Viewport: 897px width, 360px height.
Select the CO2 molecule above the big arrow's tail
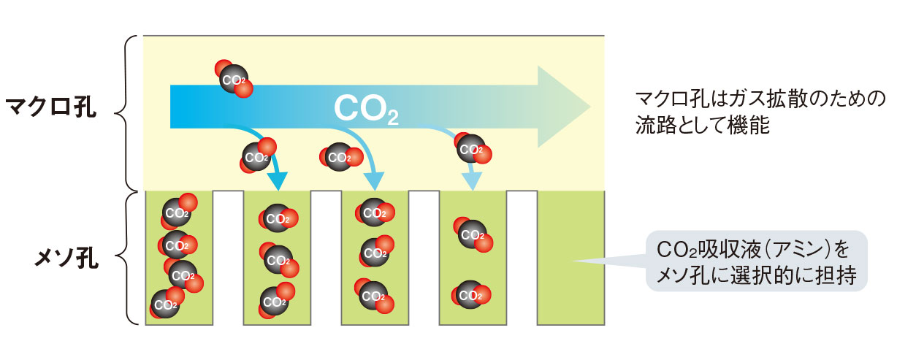click(234, 78)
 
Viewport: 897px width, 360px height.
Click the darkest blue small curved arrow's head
click(278, 180)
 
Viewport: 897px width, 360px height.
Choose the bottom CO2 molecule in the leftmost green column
click(165, 304)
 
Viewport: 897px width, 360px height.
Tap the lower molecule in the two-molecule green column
click(471, 295)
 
